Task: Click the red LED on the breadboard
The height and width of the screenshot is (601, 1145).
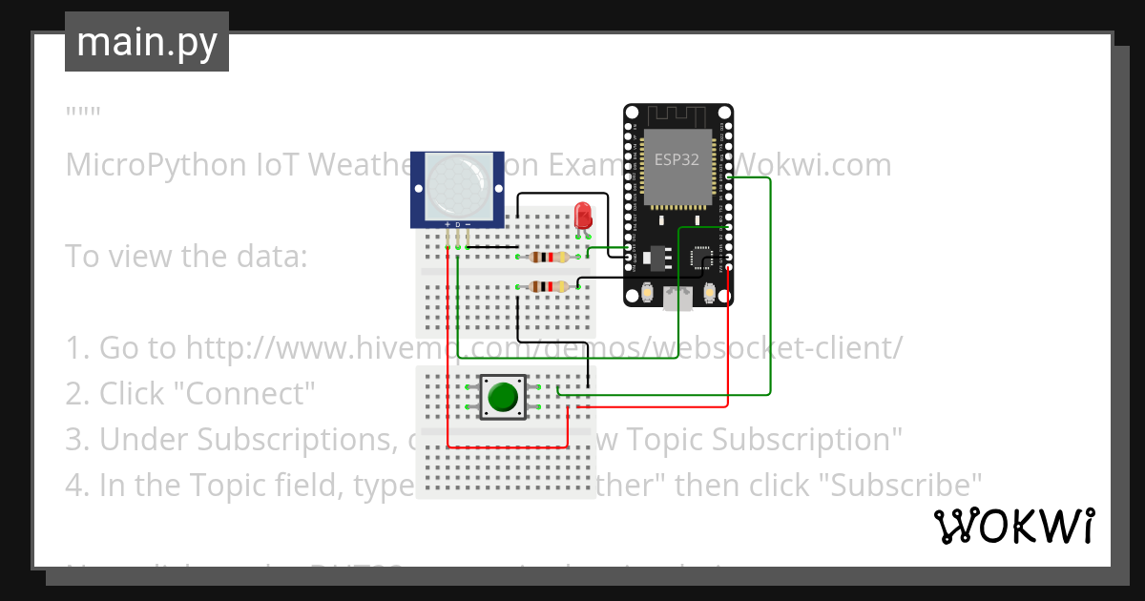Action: click(x=583, y=214)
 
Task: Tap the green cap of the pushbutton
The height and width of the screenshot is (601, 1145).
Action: click(x=503, y=396)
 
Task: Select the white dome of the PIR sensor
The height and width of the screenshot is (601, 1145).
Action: click(x=456, y=186)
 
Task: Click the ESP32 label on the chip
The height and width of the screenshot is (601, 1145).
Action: click(x=677, y=159)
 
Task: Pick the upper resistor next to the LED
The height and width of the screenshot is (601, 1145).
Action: click(x=549, y=257)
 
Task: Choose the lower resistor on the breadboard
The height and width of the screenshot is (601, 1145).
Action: click(x=549, y=286)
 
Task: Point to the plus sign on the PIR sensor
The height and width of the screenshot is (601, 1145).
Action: click(x=447, y=224)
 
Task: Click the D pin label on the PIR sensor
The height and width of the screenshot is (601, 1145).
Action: click(x=457, y=224)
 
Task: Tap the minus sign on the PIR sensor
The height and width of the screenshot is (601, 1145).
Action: click(x=468, y=224)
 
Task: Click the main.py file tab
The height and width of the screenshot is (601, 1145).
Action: click(x=147, y=42)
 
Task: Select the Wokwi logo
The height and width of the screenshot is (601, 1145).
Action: click(x=1012, y=526)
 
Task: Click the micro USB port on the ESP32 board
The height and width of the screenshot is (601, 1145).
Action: click(x=678, y=300)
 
